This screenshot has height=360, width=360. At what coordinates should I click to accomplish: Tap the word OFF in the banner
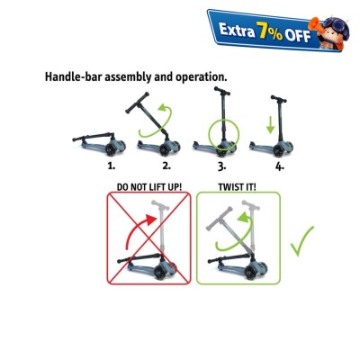298,36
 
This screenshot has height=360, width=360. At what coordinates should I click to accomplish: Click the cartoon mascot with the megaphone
329,33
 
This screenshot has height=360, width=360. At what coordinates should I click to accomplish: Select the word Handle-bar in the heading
72,76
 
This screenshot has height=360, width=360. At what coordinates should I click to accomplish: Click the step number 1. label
112,166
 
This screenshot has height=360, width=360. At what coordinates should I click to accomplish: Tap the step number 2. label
166,166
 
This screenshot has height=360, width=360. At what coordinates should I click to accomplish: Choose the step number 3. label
221,166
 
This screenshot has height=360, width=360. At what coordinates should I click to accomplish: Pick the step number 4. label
280,166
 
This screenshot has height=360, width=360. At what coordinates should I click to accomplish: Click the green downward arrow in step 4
270,125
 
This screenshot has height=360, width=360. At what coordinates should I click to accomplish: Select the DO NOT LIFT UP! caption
149,187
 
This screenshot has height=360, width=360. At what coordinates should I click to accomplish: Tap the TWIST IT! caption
237,187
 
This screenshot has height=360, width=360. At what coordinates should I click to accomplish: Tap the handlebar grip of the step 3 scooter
222,91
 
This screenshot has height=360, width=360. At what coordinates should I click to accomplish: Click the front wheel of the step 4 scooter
278,150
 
